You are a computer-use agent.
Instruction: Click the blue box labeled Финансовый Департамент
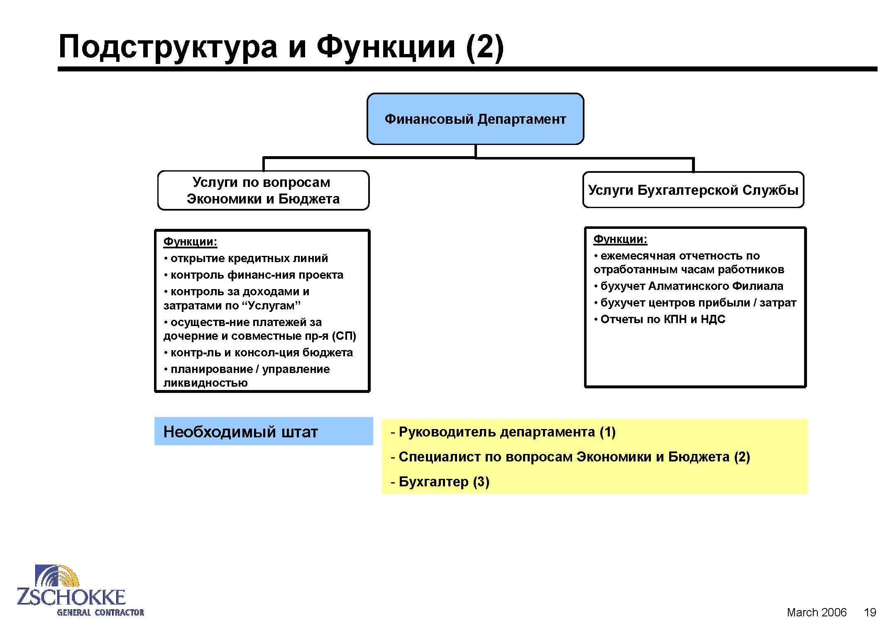tap(475, 119)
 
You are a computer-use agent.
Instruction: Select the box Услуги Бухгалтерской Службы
tap(693, 190)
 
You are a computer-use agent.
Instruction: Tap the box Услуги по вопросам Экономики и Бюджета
tap(263, 190)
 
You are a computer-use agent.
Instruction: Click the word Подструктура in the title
tap(168, 47)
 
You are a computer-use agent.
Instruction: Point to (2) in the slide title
tap(484, 47)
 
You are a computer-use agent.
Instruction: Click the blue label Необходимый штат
tap(264, 432)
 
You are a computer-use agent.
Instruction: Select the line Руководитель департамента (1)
tap(503, 432)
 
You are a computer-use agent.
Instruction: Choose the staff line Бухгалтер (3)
tap(440, 482)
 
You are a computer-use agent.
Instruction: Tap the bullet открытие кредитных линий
tap(246, 258)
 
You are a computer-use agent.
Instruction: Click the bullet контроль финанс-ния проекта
tap(253, 275)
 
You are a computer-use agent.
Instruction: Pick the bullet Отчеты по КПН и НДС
tap(660, 319)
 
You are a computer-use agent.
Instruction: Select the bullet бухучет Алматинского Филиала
tap(688, 286)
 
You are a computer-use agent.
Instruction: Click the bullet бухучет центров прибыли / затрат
tap(695, 303)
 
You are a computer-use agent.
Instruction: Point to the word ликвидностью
tap(205, 383)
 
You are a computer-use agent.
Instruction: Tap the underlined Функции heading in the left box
tap(190, 242)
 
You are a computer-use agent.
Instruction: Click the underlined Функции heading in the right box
tap(620, 239)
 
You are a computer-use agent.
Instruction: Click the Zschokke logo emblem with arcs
tap(57, 576)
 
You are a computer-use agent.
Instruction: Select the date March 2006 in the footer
tap(817, 612)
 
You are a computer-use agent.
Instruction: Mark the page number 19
tap(870, 612)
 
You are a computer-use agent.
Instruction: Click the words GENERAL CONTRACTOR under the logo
tap(100, 612)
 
